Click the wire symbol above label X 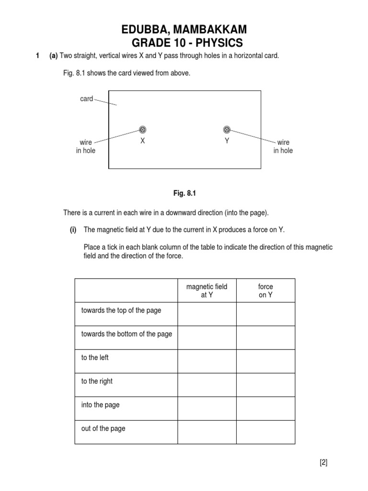pos(142,129)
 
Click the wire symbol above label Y pos(227,129)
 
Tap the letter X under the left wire pos(142,141)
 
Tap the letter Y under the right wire pos(227,141)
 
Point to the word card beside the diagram pos(87,99)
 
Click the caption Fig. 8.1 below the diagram pos(185,193)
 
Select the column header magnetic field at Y pos(207,291)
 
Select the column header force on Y pos(265,291)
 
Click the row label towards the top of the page pos(121,311)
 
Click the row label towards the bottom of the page pos(126,334)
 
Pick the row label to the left pos(95,358)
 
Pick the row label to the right pos(97,381)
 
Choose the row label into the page pos(100,405)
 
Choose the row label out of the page pos(103,428)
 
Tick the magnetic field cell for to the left pos(207,361)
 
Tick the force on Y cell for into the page pos(265,408)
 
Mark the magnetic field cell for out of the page pos(207,432)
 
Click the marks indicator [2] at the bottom pos(323,463)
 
